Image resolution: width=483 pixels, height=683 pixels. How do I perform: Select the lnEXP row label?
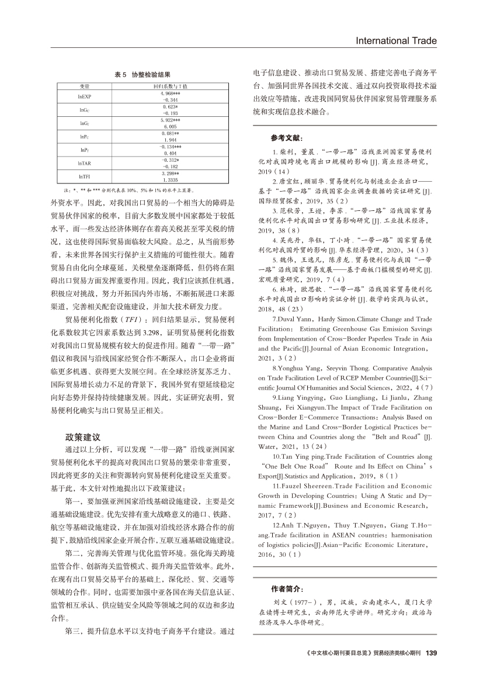point(85,96)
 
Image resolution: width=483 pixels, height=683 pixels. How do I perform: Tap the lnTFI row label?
point(85,176)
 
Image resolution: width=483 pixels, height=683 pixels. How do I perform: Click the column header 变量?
point(85,86)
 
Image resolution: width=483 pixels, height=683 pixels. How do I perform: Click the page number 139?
point(432,653)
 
